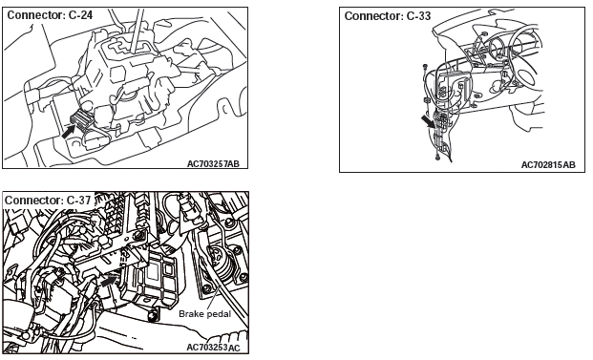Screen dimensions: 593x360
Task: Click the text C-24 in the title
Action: pyautogui.click(x=80, y=15)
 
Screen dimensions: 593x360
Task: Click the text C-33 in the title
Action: pyautogui.click(x=418, y=16)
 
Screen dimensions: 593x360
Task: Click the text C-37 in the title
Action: pyautogui.click(x=78, y=200)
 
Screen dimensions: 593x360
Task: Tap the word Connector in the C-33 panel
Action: pyautogui.click(x=373, y=16)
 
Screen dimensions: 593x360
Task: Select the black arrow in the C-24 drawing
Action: pyautogui.click(x=69, y=131)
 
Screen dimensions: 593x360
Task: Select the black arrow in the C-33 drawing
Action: pyautogui.click(x=429, y=122)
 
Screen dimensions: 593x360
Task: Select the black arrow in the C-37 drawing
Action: pyautogui.click(x=109, y=281)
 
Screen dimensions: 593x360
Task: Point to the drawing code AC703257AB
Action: pyautogui.click(x=213, y=163)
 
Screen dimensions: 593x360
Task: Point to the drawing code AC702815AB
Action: pyautogui.click(x=548, y=165)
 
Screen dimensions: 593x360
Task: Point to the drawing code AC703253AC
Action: pyautogui.click(x=213, y=348)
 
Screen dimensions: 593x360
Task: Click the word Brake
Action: pyautogui.click(x=190, y=314)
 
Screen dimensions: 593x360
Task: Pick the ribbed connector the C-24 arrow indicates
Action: pyautogui.click(x=80, y=118)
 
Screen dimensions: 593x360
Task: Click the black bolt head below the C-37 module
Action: pyautogui.click(x=153, y=315)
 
